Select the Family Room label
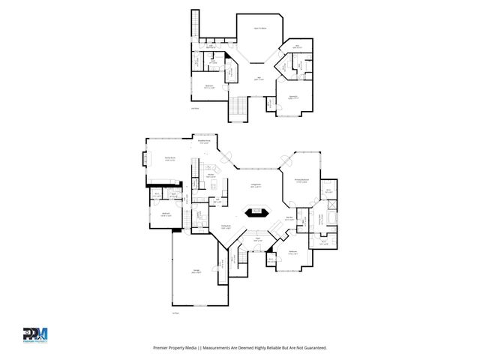(x=170, y=158)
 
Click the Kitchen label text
(x=212, y=176)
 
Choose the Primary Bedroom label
(x=301, y=181)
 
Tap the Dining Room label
(x=225, y=226)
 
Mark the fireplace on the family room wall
(x=145, y=160)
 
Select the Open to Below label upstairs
(x=260, y=28)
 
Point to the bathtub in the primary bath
(x=334, y=219)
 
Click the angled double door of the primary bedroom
(x=286, y=160)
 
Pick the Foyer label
(x=256, y=239)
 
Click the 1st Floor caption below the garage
(x=175, y=313)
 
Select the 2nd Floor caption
(x=195, y=108)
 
